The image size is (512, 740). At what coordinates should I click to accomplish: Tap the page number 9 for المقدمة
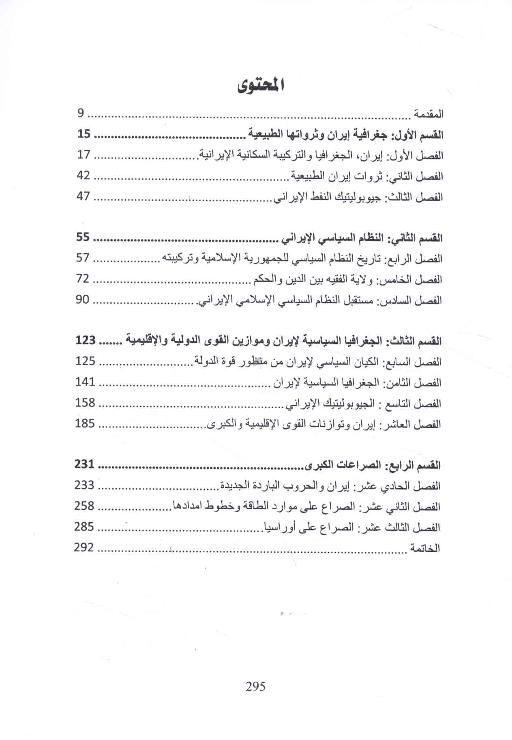(80, 114)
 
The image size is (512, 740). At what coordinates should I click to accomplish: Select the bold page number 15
(84, 134)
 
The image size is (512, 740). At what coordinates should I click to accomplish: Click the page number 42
(84, 176)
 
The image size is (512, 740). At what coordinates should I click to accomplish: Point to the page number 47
(84, 197)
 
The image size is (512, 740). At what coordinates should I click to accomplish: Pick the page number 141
(85, 382)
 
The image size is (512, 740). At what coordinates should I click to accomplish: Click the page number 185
(85, 424)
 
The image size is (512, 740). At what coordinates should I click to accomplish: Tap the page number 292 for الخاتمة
(84, 548)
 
